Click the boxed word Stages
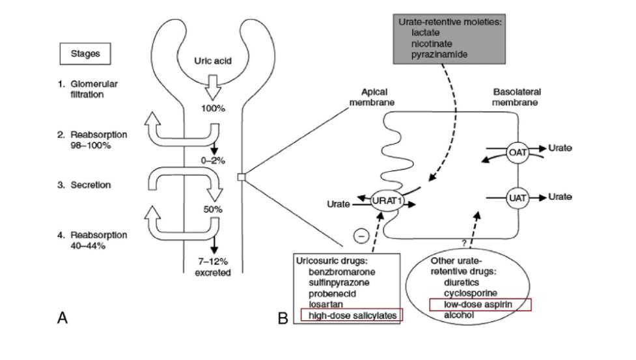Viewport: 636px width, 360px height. (85, 53)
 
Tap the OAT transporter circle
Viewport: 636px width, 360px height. (517, 152)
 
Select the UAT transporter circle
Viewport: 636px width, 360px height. (517, 196)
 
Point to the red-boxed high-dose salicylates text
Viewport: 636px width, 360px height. (352, 315)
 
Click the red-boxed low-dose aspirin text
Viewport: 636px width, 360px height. (480, 305)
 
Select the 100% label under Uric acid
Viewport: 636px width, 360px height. (212, 108)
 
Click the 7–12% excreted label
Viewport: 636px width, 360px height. (213, 267)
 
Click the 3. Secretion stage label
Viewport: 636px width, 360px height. (88, 185)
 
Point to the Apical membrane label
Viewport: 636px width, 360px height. (371, 98)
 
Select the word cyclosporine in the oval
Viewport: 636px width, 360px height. (471, 294)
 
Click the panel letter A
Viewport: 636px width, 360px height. (62, 317)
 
